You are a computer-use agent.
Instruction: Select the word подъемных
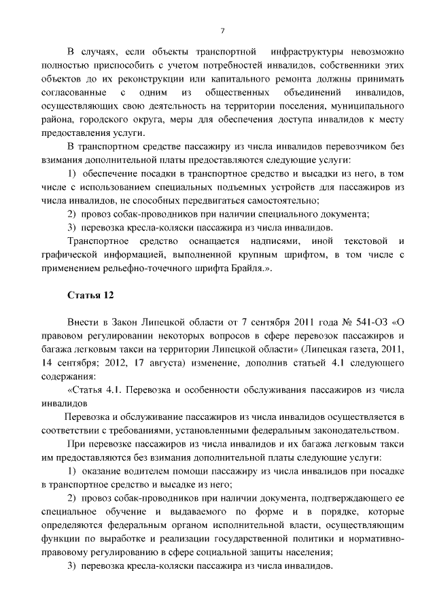coord(239,187)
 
